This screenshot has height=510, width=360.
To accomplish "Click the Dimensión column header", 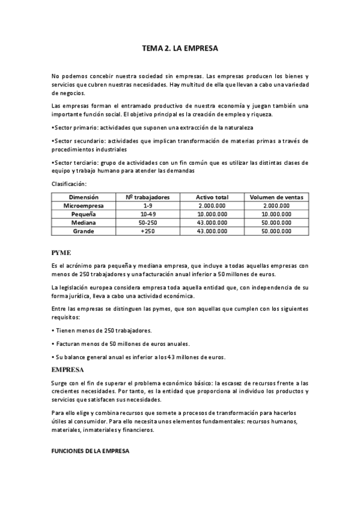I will point(84,197).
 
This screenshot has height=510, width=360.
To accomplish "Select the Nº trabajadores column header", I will point(147,197).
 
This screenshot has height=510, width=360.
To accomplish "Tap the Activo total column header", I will point(212,197).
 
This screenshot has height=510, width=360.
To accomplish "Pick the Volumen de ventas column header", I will point(276,197).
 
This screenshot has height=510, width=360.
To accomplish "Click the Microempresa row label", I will point(84,205).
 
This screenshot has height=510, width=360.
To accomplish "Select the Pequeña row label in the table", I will point(84,214).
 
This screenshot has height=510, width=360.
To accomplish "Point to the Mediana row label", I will point(84,222).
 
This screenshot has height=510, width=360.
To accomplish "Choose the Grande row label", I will point(84,230).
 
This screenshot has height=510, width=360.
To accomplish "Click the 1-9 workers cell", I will point(147,205).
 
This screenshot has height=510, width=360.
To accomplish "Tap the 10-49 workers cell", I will point(147,214).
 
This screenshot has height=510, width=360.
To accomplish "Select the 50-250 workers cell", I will point(147,222).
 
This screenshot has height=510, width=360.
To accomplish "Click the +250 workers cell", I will point(147,230).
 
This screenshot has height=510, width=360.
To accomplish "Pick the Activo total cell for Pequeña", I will point(212,214).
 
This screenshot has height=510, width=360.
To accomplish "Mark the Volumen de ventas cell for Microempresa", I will point(276,205).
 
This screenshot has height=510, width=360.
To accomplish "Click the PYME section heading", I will point(62,253).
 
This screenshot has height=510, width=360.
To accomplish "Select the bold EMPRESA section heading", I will point(67,369).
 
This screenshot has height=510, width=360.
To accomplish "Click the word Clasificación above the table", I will point(69,183).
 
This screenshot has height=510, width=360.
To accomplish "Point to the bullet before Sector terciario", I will point(53,162).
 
